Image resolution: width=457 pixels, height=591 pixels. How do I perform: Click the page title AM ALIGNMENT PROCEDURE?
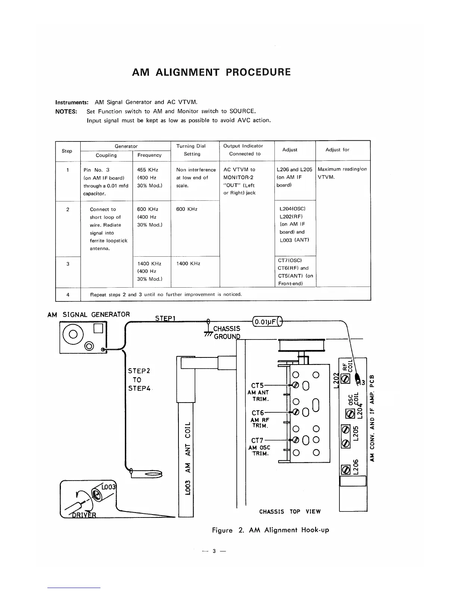click(211, 72)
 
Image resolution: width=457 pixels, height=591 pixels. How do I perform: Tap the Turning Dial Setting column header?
click(192, 150)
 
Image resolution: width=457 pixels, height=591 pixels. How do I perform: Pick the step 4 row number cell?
click(68, 294)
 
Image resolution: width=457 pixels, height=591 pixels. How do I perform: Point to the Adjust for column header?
click(337, 150)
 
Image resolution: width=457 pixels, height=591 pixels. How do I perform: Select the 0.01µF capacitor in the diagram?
click(267, 321)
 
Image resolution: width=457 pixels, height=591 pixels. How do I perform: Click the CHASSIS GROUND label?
click(226, 332)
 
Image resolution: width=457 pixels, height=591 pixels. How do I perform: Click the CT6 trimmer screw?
click(295, 412)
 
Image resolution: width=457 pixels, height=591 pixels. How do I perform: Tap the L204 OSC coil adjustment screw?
click(350, 413)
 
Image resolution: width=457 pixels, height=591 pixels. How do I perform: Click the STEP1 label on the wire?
click(166, 318)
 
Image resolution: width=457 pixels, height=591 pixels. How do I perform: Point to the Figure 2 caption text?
click(270, 530)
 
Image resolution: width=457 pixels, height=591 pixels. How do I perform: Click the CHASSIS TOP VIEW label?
click(290, 512)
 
